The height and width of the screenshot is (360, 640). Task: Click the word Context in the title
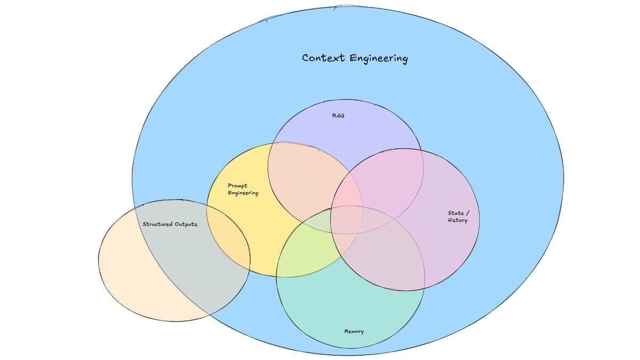coord(323,57)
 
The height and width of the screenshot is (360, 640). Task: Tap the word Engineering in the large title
coord(378,58)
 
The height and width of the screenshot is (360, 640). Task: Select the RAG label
coord(338,115)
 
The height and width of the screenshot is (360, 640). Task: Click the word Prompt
coord(237,186)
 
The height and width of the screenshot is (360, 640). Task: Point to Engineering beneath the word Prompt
coord(243,193)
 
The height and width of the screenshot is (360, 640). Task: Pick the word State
coord(455,213)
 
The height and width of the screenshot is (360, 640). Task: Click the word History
coord(458,220)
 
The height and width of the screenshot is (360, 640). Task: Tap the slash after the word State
coord(468,213)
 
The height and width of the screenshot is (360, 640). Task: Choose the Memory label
coord(354,331)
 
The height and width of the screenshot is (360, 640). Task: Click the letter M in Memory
coord(346,331)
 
